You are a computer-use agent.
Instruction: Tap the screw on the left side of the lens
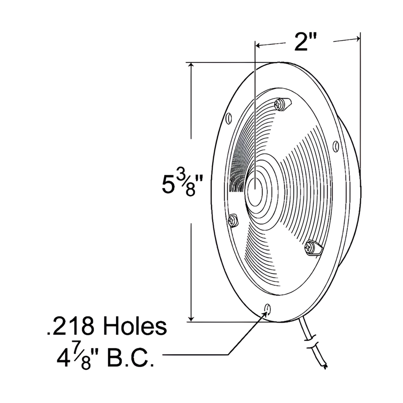(233, 220)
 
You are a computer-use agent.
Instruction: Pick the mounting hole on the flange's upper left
(228, 118)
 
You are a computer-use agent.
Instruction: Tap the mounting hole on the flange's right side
(335, 146)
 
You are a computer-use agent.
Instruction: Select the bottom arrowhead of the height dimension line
(191, 319)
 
